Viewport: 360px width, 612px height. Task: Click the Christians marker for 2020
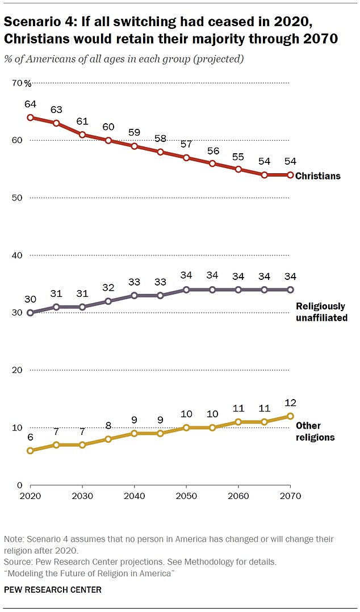click(30, 118)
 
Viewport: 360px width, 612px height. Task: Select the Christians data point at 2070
click(290, 175)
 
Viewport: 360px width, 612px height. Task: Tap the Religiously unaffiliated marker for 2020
click(30, 312)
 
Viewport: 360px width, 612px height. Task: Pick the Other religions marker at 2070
click(290, 416)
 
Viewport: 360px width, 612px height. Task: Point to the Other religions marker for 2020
click(30, 450)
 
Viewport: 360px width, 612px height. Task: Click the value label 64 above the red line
click(30, 104)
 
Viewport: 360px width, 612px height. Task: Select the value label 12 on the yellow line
click(290, 403)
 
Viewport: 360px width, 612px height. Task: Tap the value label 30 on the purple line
click(30, 299)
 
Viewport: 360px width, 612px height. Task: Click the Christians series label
click(318, 176)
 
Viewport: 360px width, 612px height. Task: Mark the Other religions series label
click(316, 431)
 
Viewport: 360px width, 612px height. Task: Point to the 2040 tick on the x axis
click(134, 496)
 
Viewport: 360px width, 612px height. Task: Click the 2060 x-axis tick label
click(238, 496)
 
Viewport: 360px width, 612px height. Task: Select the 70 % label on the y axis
click(23, 83)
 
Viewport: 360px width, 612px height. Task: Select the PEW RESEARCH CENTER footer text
click(53, 590)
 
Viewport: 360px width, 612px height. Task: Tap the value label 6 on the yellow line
click(30, 437)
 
